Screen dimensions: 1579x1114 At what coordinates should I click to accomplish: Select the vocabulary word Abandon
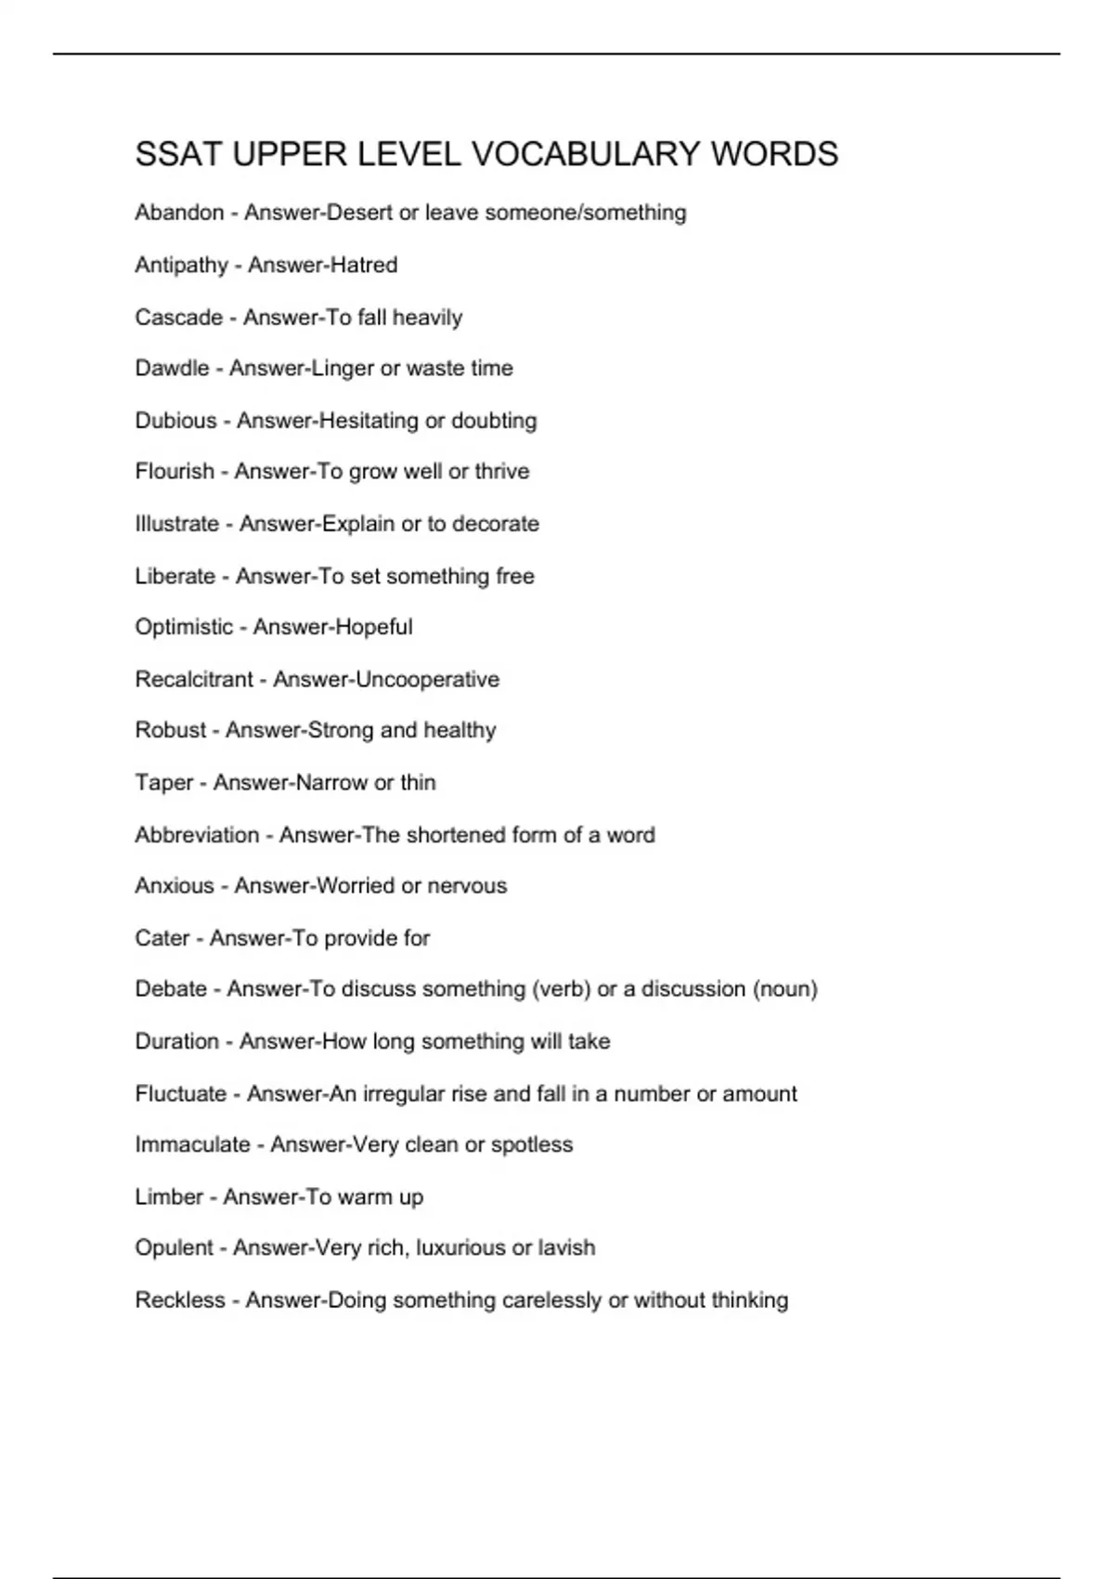179,213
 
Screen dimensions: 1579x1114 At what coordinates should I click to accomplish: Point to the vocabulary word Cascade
178,318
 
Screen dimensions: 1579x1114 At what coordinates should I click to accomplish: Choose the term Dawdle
172,369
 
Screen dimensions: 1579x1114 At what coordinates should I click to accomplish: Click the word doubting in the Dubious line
494,421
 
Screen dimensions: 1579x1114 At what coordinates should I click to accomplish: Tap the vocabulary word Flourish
175,472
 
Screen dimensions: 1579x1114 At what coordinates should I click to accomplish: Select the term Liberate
175,576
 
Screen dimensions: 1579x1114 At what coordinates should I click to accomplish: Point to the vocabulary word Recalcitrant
194,679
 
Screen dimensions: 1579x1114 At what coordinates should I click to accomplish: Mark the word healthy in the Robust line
460,730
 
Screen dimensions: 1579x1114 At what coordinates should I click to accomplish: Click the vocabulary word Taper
164,783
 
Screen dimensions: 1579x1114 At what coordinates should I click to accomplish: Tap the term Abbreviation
197,835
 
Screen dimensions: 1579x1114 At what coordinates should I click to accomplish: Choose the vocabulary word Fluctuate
180,1094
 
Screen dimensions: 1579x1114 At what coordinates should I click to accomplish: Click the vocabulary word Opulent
174,1248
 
